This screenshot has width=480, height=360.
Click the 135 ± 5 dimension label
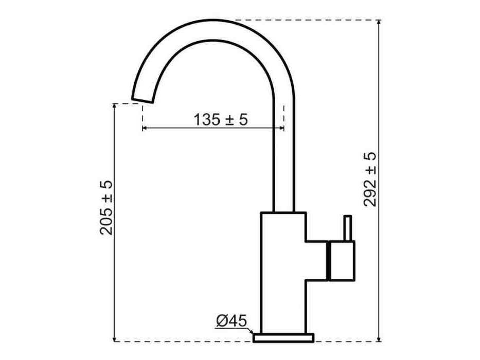[x=220, y=119]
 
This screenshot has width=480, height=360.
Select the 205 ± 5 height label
[x=106, y=208]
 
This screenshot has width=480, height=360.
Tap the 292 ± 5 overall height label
[x=370, y=179]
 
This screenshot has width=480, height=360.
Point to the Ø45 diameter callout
[x=231, y=321]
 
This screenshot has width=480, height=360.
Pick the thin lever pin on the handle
[x=347, y=228]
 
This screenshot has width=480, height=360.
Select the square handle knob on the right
[x=342, y=261]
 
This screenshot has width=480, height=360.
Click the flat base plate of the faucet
[x=283, y=338]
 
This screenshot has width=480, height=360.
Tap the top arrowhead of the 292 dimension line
[x=379, y=22]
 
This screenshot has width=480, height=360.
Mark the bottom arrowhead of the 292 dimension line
[x=379, y=339]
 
